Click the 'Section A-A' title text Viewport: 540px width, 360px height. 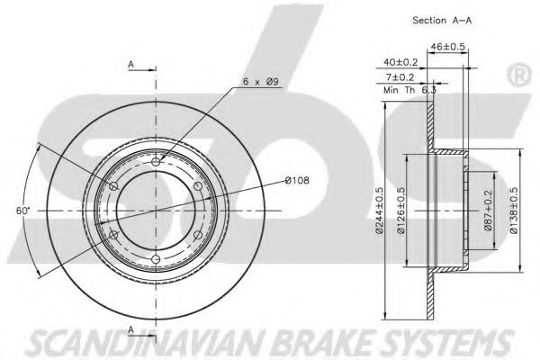coord(442,21)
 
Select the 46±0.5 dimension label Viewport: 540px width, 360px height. coord(447,46)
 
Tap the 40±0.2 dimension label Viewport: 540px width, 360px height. coord(400,62)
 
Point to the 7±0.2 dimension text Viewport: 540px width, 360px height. coord(399,77)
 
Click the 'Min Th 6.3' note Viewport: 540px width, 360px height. coord(409,90)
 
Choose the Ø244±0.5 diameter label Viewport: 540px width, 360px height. coord(379,211)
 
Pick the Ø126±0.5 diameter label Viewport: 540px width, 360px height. coord(400,211)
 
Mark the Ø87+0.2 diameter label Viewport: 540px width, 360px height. coord(488,210)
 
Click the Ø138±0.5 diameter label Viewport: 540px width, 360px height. coord(514,211)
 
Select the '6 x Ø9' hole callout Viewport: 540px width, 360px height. coord(260,82)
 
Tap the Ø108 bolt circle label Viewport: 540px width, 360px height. coord(297,180)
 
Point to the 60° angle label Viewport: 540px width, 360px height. coord(23,211)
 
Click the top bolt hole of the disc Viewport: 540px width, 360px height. coord(156,162)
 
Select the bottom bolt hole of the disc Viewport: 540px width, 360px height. coord(156,258)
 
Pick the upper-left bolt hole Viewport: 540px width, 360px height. coord(113,186)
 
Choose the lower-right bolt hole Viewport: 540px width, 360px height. coord(198,235)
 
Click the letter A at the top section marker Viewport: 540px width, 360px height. coord(130,65)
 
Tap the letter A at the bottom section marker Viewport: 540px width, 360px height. coord(130,329)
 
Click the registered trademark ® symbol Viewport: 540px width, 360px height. coord(519,75)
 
